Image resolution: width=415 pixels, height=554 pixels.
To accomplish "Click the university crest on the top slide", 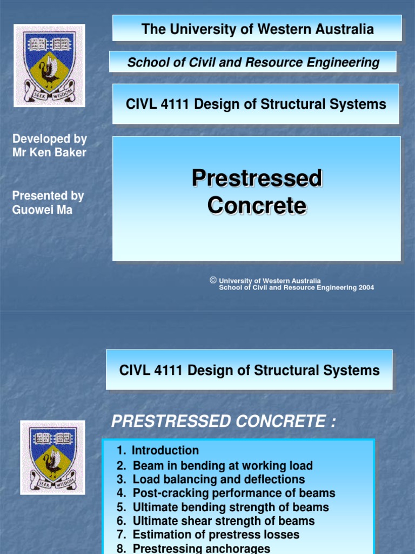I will tap(49, 65).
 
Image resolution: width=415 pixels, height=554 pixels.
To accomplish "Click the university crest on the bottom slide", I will tap(52, 457).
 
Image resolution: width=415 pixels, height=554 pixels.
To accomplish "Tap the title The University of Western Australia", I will tap(257, 29).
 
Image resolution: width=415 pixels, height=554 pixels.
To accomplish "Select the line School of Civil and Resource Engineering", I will tap(253, 62).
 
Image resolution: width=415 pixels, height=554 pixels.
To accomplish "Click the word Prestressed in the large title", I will tap(257, 179).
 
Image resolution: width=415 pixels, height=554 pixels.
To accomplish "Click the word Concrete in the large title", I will tap(257, 206).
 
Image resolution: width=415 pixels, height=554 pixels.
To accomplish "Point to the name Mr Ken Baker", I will tap(49, 153).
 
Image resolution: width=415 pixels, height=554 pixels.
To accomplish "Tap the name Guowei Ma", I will tap(42, 209).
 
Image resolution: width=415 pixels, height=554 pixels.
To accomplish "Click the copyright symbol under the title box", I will tap(213, 280).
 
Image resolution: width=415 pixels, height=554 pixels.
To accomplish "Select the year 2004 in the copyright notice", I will tap(365, 288).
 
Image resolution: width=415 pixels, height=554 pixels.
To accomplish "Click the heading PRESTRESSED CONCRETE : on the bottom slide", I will tap(223, 422).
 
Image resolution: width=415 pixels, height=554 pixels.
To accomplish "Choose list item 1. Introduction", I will tap(158, 451).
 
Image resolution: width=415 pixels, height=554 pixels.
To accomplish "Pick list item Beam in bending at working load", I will tap(215, 465).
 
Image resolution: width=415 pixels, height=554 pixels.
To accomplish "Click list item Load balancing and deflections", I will tap(211, 479).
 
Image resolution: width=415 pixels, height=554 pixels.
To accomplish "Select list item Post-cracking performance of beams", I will tap(226, 493).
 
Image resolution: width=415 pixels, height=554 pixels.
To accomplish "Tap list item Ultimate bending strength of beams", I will tap(223, 507).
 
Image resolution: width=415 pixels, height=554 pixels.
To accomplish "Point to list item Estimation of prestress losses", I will tap(208, 535).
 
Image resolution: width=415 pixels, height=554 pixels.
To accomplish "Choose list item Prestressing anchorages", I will tap(193, 548).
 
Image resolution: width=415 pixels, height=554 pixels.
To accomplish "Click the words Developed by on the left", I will tap(49, 139).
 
